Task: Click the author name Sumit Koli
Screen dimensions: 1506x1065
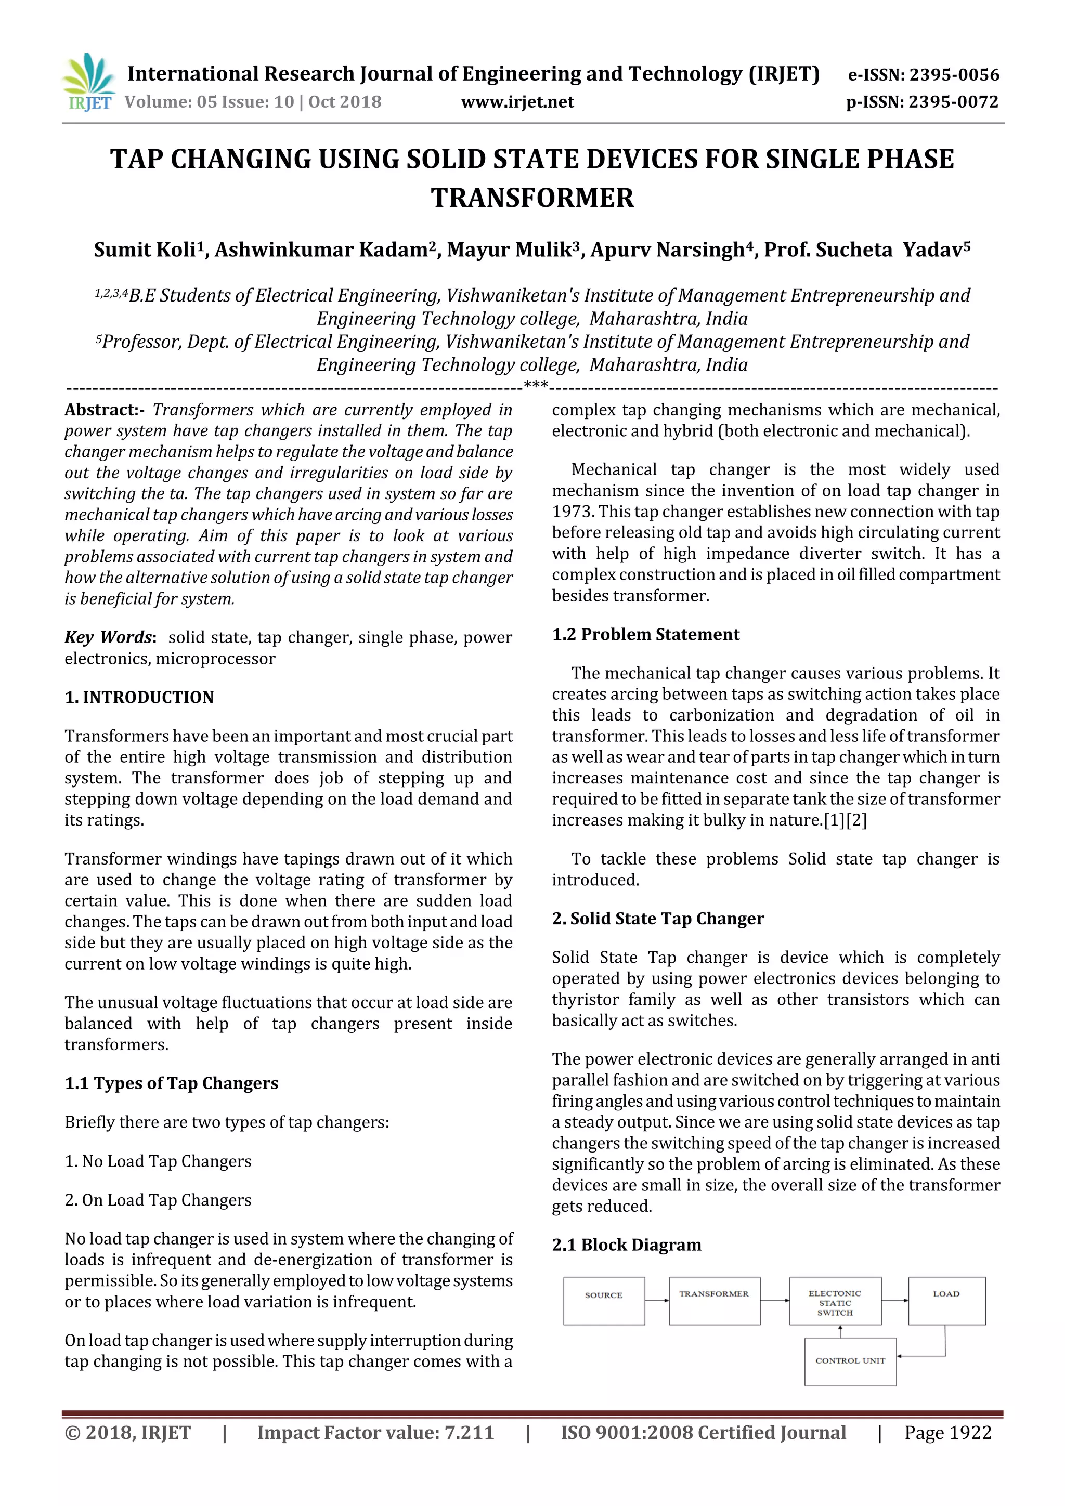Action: (x=145, y=250)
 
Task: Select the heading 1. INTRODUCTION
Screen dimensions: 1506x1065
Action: (x=139, y=697)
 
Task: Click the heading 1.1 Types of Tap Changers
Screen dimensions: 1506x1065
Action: (x=171, y=1083)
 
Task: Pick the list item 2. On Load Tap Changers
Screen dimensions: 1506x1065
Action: (x=158, y=1200)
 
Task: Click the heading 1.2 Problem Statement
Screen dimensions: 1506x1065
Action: (x=646, y=634)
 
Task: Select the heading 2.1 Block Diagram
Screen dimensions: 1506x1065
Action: (x=627, y=1245)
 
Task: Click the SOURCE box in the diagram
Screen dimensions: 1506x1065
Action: (x=604, y=1301)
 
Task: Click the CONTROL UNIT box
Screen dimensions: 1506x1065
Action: (x=850, y=1361)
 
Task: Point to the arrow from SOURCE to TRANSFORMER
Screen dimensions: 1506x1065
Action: (x=657, y=1300)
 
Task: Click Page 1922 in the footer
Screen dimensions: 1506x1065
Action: (x=947, y=1433)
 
